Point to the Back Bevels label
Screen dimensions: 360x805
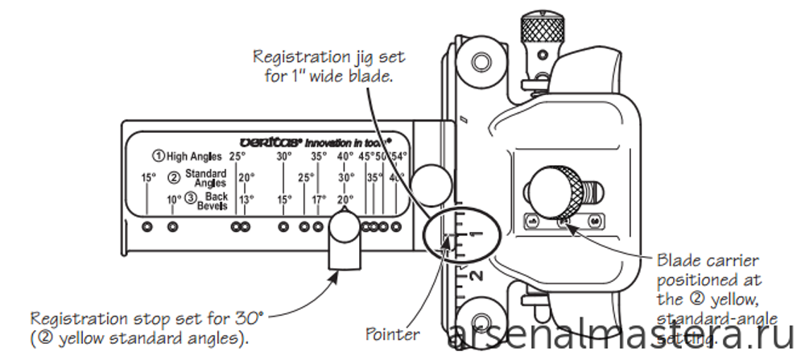(x=214, y=199)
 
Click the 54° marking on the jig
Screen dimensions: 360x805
(x=399, y=155)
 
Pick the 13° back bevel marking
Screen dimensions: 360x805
(x=246, y=199)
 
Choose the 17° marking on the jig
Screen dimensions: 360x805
(x=319, y=199)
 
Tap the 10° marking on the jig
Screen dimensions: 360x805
(x=174, y=199)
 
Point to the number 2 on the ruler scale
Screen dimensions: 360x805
(x=477, y=277)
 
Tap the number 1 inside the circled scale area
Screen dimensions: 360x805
(x=474, y=234)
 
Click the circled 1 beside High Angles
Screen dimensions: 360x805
(x=159, y=155)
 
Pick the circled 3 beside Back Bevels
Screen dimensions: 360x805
(x=190, y=199)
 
